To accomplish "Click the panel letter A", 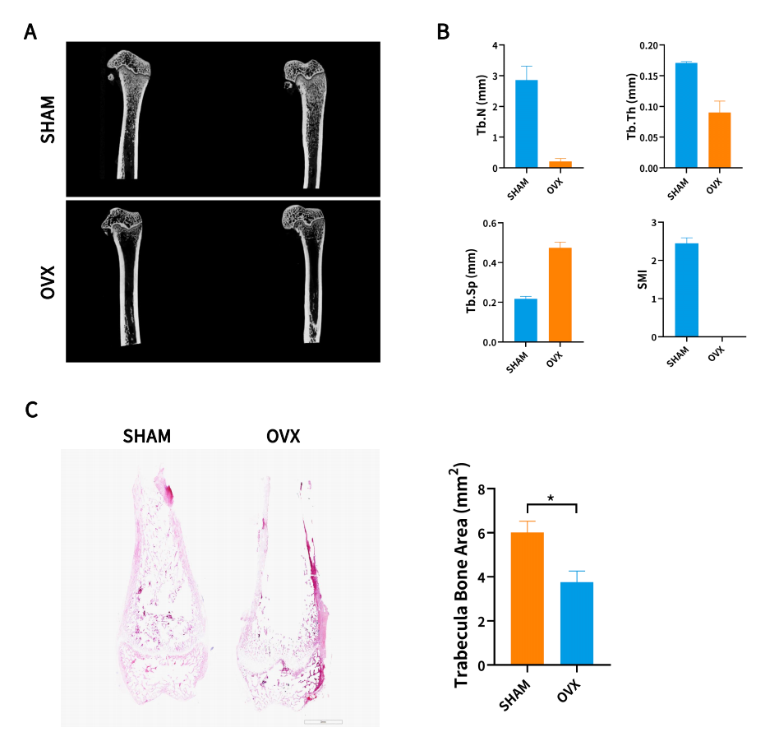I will [x=31, y=32].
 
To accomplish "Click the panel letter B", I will [x=443, y=32].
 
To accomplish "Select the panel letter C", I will [x=31, y=409].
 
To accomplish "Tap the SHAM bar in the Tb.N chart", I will [x=526, y=123].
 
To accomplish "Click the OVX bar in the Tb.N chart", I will [x=560, y=164].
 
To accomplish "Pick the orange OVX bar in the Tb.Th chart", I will [x=719, y=140].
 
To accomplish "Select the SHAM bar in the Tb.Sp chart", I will [x=526, y=320].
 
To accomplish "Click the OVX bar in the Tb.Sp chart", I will [x=560, y=294].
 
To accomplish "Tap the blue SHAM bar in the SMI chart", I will [x=686, y=290].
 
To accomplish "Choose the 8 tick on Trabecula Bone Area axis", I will [x=491, y=489].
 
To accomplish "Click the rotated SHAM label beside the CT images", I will [x=48, y=120].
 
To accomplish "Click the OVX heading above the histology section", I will [x=283, y=436].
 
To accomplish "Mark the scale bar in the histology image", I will [x=323, y=721].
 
